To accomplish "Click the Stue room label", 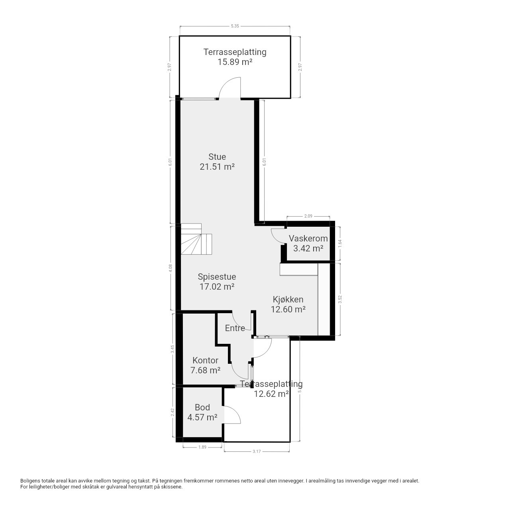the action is [217, 157].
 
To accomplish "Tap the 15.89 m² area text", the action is [235, 62].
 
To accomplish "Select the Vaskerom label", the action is [308, 238].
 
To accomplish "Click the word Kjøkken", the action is [288, 299].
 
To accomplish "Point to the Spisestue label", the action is [217, 277].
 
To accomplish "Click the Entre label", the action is [235, 328].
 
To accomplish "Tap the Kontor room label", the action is [205, 360].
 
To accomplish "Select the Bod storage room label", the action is [202, 407].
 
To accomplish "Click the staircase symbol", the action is [196, 239].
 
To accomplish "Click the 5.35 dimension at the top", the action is [235, 26].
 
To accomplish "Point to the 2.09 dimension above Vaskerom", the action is [308, 216].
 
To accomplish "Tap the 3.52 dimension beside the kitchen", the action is [340, 299].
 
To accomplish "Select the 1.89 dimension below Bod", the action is [202, 447].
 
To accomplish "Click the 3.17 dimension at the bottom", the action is [257, 451].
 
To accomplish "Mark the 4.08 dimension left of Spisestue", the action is [170, 268].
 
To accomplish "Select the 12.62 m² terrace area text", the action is [271, 394].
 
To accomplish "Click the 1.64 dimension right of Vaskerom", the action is [340, 243].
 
